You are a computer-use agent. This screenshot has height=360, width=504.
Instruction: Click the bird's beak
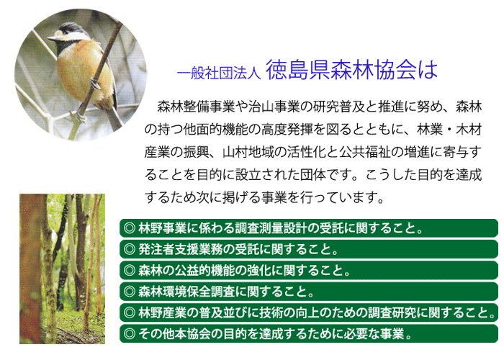[52, 39]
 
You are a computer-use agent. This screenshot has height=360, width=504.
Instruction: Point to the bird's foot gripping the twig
[95, 84]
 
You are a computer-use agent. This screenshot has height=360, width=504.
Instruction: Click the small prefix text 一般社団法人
[219, 73]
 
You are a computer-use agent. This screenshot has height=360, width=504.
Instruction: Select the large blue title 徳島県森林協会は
[352, 70]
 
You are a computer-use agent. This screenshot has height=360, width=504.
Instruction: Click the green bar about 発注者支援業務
[309, 249]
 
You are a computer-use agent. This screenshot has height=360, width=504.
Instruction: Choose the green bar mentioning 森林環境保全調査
[309, 292]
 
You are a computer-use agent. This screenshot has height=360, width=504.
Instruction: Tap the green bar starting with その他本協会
[309, 333]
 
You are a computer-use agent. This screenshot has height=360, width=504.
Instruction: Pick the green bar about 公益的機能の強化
[309, 270]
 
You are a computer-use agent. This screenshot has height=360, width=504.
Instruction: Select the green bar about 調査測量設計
[309, 228]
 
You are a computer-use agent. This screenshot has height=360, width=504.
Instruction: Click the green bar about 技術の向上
[309, 312]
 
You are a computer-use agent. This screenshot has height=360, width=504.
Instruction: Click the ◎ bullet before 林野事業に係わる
[130, 228]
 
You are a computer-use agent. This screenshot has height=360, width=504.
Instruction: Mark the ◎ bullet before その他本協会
[130, 334]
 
